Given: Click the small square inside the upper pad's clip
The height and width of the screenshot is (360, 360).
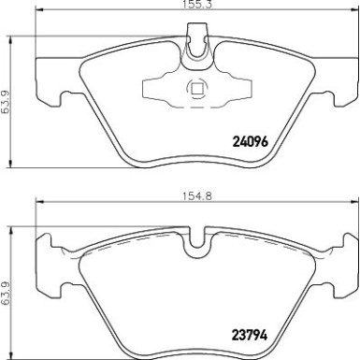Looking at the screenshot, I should pyautogui.click(x=196, y=91).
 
